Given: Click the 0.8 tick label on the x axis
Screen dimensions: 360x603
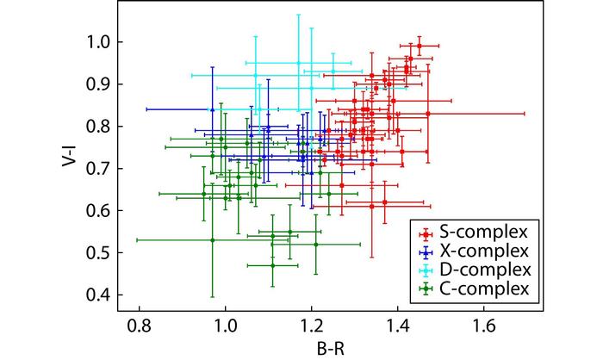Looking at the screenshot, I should point(139,328).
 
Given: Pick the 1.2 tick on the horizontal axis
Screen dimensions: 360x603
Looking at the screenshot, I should point(311,328).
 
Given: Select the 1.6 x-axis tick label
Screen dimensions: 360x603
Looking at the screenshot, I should point(483,328).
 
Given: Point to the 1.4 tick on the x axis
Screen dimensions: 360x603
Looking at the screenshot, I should point(397,328).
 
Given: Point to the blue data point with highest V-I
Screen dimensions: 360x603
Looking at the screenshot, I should point(212,109).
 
